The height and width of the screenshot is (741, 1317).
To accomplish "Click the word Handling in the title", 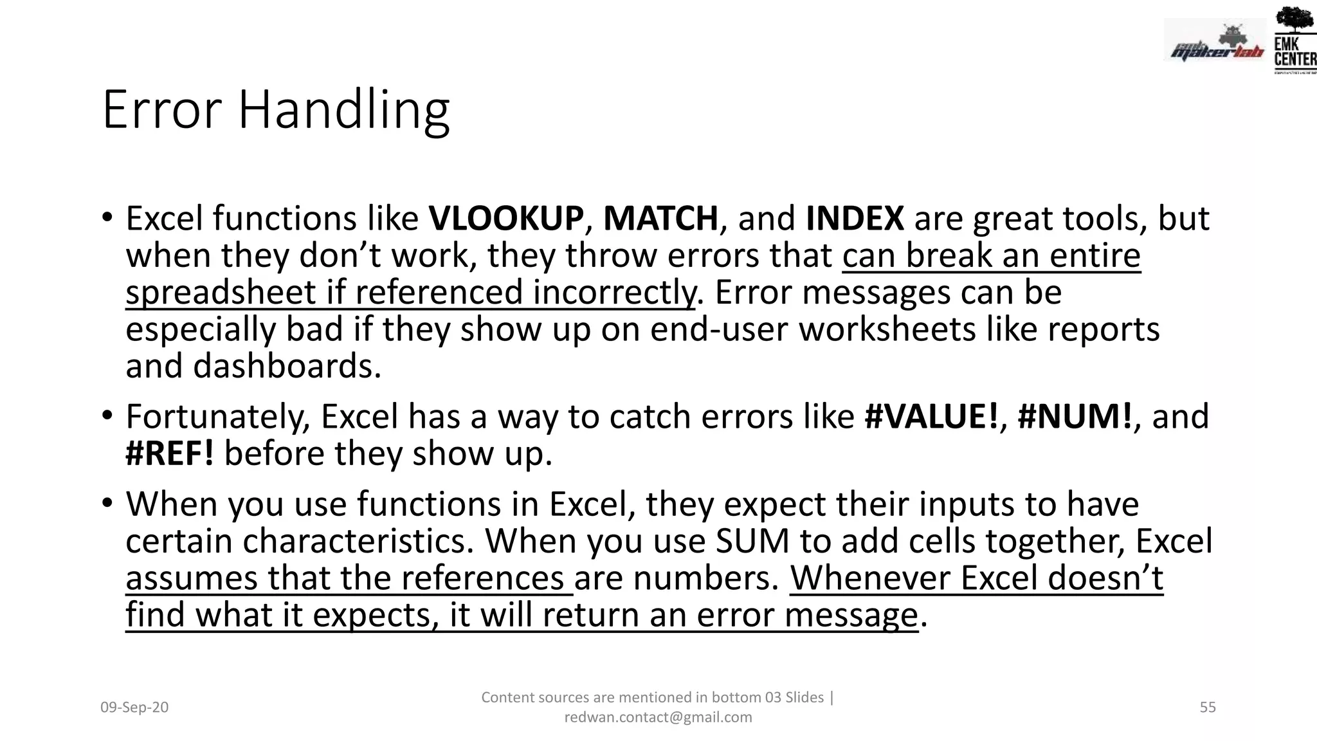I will (343, 111).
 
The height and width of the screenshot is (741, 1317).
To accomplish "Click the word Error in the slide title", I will (162, 111).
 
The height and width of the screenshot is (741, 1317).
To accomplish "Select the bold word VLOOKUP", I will (506, 219).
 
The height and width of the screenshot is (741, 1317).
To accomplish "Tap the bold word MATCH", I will (660, 219).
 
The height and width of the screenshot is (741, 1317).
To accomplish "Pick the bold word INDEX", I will (855, 219).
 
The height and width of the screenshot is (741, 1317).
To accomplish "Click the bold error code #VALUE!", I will (931, 417).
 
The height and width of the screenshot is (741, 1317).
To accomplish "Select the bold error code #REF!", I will (170, 453).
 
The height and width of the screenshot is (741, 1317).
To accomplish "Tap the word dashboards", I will (287, 366).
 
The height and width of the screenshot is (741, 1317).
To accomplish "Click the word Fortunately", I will (217, 417).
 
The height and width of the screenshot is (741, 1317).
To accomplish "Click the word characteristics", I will (358, 541).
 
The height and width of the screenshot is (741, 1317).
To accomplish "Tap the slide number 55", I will (1208, 708).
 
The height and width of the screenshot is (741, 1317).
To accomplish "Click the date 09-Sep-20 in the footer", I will (134, 708).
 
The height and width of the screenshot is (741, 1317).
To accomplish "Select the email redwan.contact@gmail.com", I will (658, 717).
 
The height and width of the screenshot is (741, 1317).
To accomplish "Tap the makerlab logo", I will (1215, 42).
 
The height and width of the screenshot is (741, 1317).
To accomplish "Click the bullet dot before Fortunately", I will (107, 415).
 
